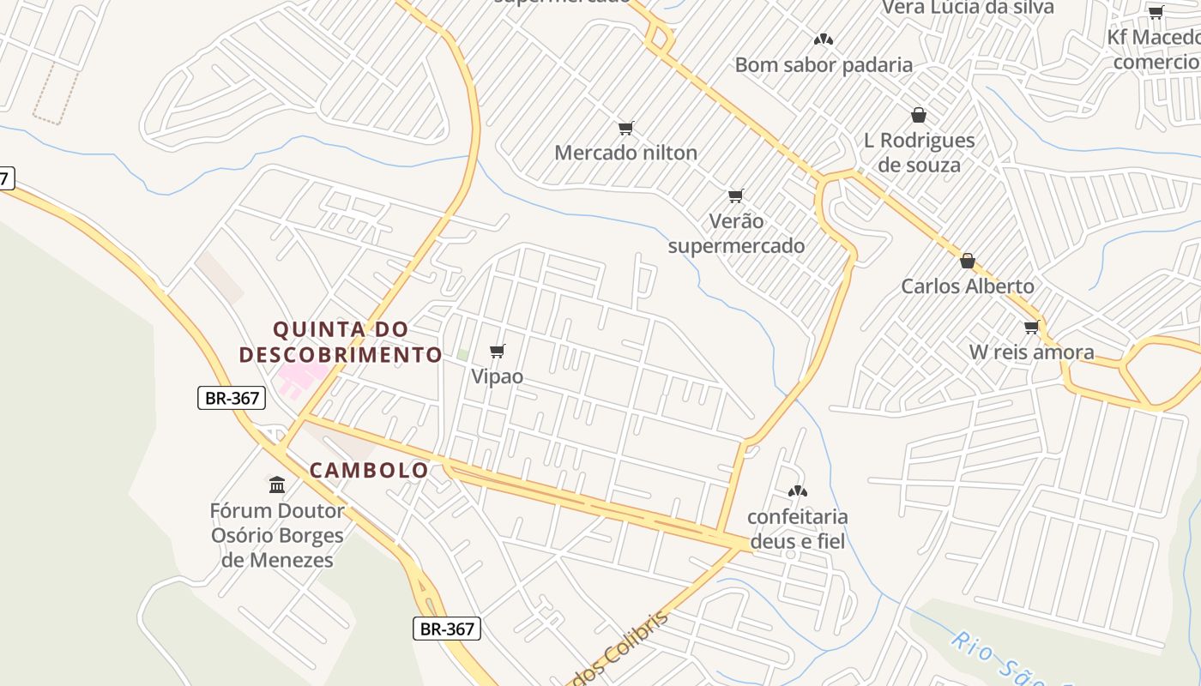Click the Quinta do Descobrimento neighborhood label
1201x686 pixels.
[x=341, y=341]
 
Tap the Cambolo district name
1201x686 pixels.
[x=369, y=470]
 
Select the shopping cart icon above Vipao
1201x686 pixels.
[x=497, y=352]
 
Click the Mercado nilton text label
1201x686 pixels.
[x=625, y=153]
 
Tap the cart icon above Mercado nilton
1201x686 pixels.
[x=625, y=129]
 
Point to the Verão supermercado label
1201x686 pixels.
[x=736, y=233]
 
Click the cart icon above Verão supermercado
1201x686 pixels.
[x=735, y=196]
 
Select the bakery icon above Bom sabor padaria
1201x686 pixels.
[x=824, y=39]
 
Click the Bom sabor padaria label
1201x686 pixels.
[x=824, y=64]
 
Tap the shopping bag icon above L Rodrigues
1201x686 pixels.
[x=919, y=115]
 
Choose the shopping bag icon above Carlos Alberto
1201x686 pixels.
[x=968, y=261]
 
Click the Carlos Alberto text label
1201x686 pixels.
[x=968, y=286]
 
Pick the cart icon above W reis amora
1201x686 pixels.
[x=1031, y=327]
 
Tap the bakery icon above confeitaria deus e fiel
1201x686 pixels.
[x=797, y=491]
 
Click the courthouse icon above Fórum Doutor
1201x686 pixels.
[x=277, y=485]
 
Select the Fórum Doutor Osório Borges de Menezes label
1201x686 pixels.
[x=277, y=535]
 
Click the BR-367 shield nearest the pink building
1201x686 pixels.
[x=232, y=398]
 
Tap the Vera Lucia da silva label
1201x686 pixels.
[x=968, y=8]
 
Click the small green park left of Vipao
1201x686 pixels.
[x=462, y=354]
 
